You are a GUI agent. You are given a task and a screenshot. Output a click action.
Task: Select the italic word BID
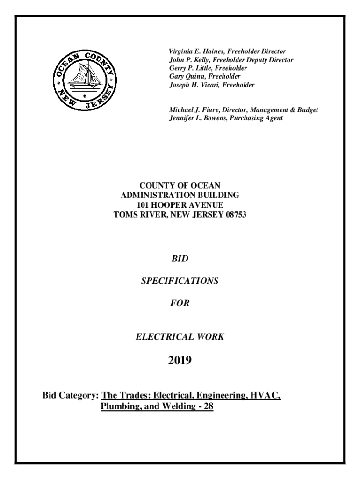tap(180, 258)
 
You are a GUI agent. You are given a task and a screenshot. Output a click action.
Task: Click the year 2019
tap(180, 361)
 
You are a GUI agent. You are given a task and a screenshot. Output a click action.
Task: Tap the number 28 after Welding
tap(208, 406)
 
